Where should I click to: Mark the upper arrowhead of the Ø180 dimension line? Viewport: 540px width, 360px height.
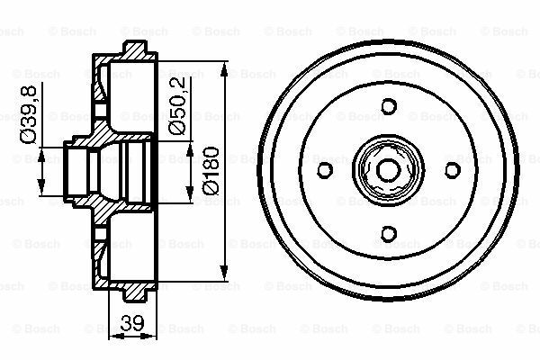[222, 65]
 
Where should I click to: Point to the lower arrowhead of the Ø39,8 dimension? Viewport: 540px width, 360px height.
[41, 192]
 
